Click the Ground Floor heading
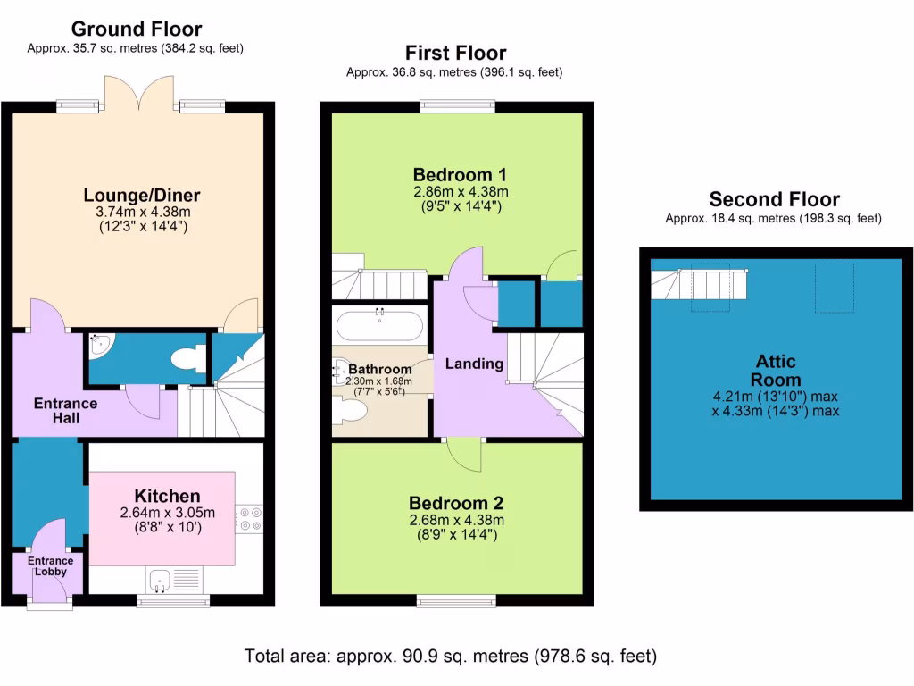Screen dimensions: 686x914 click(136, 29)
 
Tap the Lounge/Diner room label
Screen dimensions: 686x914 click(142, 195)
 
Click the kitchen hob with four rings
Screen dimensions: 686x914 click(248, 519)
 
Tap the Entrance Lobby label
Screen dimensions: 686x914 click(50, 566)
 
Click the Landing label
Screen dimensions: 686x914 click(474, 364)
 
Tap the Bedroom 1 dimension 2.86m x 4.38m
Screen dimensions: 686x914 click(460, 192)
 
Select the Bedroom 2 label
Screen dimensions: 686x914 click(456, 502)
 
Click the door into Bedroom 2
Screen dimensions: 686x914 click(465, 455)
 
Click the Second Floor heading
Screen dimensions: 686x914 click(774, 199)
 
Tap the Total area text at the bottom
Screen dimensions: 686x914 click(451, 657)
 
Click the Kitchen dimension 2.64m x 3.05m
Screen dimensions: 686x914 click(168, 513)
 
